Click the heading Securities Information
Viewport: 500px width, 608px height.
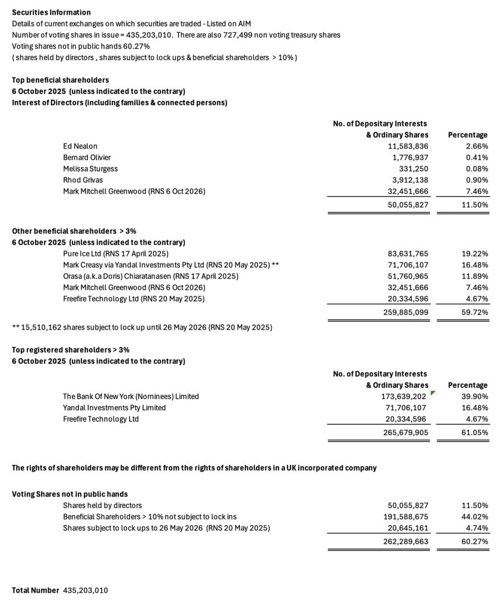51,12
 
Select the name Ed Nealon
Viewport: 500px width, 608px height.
80,146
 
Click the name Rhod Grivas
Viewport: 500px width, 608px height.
83,180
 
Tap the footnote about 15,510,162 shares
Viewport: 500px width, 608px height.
142,327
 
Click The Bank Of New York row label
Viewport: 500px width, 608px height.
131,396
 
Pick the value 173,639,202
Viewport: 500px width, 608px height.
404,396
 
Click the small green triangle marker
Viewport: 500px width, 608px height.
433,393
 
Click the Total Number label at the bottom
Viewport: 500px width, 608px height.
36,590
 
